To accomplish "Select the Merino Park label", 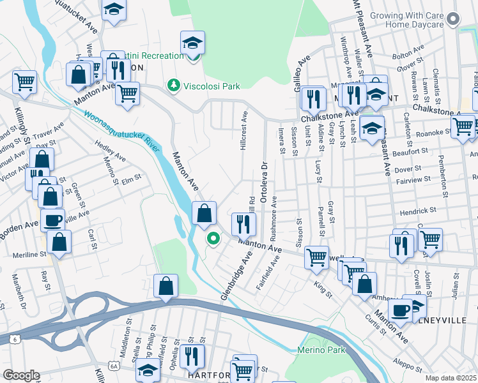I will [321, 350].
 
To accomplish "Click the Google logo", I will [20, 375].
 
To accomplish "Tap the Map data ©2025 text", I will [451, 378].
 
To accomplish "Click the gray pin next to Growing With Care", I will [454, 19].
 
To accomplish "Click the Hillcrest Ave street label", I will [243, 132].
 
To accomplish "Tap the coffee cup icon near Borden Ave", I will [52, 220].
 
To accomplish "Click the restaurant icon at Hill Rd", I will [243, 223].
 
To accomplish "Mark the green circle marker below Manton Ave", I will [212, 239].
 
